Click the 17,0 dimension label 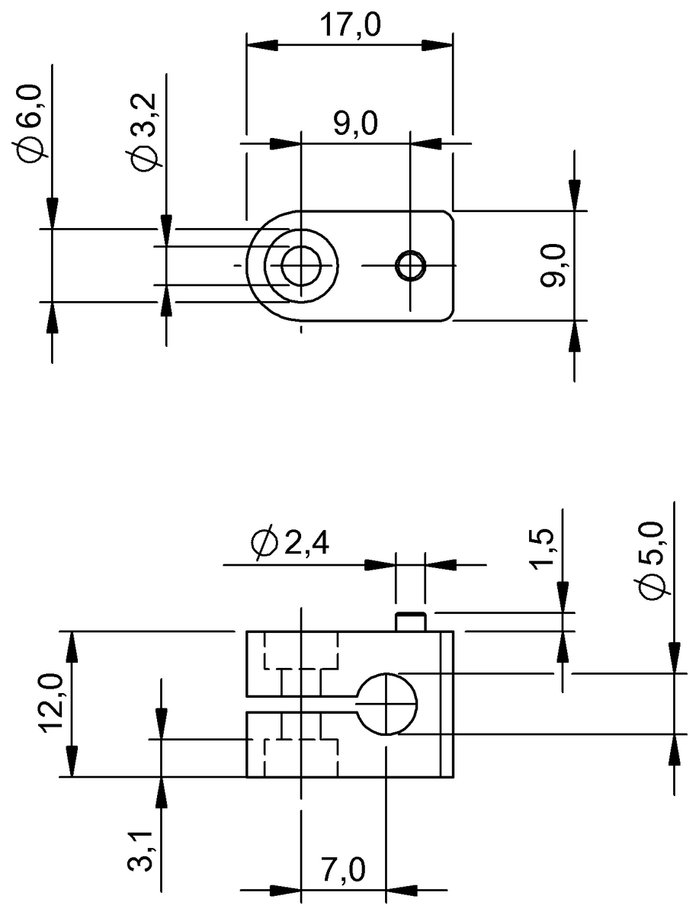click(x=350, y=26)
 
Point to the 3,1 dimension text click(x=143, y=851)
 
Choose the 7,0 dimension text click(x=344, y=869)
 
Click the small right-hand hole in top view click(x=411, y=265)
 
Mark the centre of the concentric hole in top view click(x=301, y=265)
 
